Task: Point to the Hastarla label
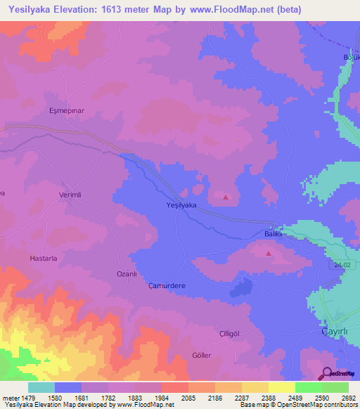tap(45, 258)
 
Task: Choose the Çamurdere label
tap(166, 286)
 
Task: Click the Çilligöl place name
tap(210, 333)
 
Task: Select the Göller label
tap(201, 356)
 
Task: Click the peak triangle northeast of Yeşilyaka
tap(226, 197)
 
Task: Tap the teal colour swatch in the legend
tap(41, 387)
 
